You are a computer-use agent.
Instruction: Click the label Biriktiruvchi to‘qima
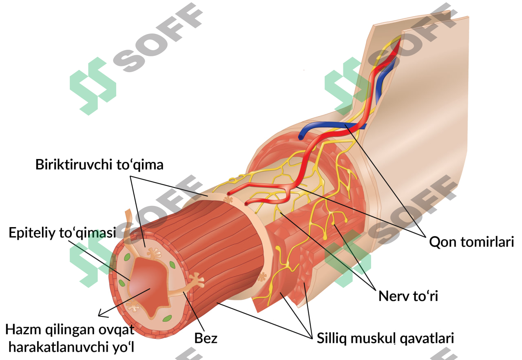[100, 164]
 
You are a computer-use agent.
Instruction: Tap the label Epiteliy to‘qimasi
[62, 233]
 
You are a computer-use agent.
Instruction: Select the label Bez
[206, 338]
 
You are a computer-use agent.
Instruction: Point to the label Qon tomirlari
[472, 242]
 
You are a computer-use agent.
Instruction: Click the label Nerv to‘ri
[408, 296]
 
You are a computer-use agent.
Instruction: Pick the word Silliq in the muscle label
[332, 338]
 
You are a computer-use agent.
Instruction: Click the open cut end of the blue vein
[301, 137]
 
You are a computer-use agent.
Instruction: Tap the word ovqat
[116, 330]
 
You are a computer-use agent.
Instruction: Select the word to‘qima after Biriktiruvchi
[140, 164]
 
